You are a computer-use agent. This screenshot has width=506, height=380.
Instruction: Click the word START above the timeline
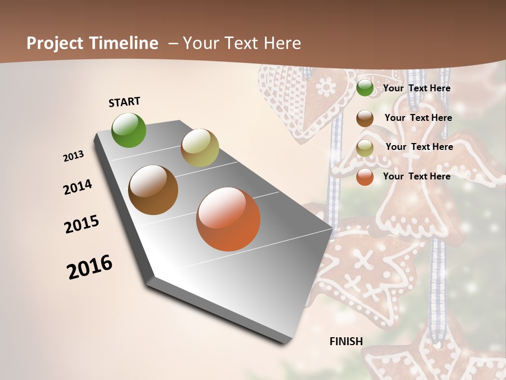tap(124, 102)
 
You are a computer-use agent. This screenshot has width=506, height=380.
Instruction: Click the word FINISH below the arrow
tap(346, 341)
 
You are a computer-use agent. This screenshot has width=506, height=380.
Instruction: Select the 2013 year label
tap(74, 156)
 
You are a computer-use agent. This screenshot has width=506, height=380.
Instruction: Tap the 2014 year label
tap(77, 187)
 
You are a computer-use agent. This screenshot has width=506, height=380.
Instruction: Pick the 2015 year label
tap(82, 224)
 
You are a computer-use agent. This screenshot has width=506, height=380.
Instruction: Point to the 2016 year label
tap(90, 267)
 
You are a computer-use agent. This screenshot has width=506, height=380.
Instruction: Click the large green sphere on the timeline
tap(129, 130)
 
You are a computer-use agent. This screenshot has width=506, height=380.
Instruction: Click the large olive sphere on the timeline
tap(200, 148)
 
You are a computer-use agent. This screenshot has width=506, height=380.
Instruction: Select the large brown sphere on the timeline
tap(153, 190)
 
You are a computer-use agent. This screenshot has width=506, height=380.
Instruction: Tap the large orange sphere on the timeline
tap(228, 219)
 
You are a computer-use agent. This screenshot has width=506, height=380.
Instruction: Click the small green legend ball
tap(365, 88)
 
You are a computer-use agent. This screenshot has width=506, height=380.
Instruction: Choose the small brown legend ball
tap(365, 118)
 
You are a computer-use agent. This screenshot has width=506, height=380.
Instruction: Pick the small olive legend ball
tap(365, 148)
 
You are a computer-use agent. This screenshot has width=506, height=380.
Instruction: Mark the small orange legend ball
tap(365, 177)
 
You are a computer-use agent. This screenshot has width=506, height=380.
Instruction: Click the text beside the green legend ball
tap(416, 88)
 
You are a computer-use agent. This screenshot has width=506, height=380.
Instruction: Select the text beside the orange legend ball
tap(416, 176)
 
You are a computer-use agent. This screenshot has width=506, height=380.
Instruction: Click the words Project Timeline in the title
tap(92, 43)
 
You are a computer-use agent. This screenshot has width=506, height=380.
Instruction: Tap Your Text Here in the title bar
tap(241, 43)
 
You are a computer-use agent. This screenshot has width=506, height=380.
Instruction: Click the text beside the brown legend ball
tap(418, 118)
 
